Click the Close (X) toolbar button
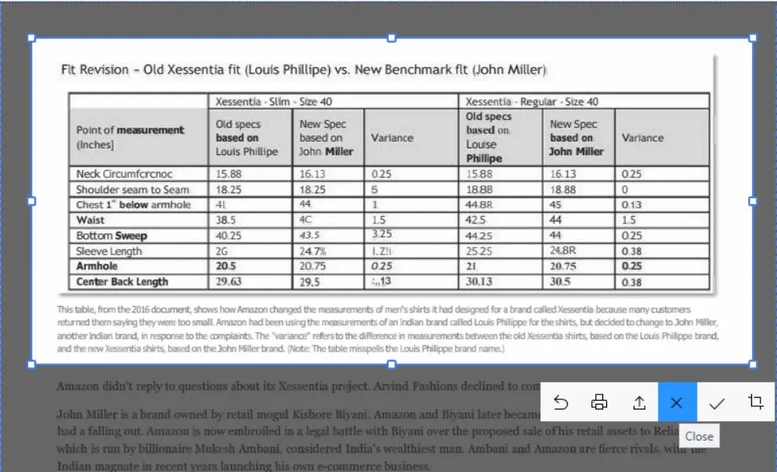click(677, 402)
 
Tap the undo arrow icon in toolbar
click(561, 402)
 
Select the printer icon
click(599, 402)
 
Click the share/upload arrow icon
click(638, 402)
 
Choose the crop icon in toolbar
click(755, 402)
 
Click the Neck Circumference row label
click(124, 174)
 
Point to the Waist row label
click(91, 220)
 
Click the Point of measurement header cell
click(130, 137)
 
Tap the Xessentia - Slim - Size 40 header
click(282, 102)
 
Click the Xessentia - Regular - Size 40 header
click(532, 102)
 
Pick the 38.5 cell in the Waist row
click(226, 220)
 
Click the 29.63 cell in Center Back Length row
click(229, 282)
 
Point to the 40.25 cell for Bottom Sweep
click(229, 236)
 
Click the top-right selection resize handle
click(753, 38)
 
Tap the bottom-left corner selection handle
click(31, 364)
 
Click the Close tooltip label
click(699, 437)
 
